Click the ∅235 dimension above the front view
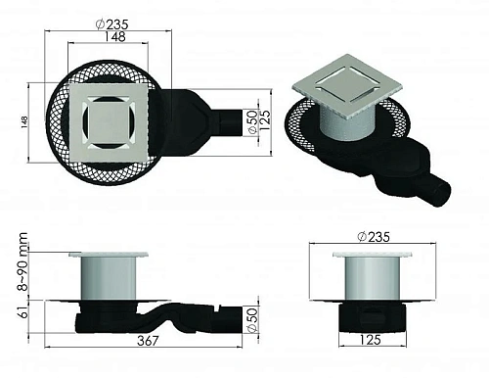coord(376,234)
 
